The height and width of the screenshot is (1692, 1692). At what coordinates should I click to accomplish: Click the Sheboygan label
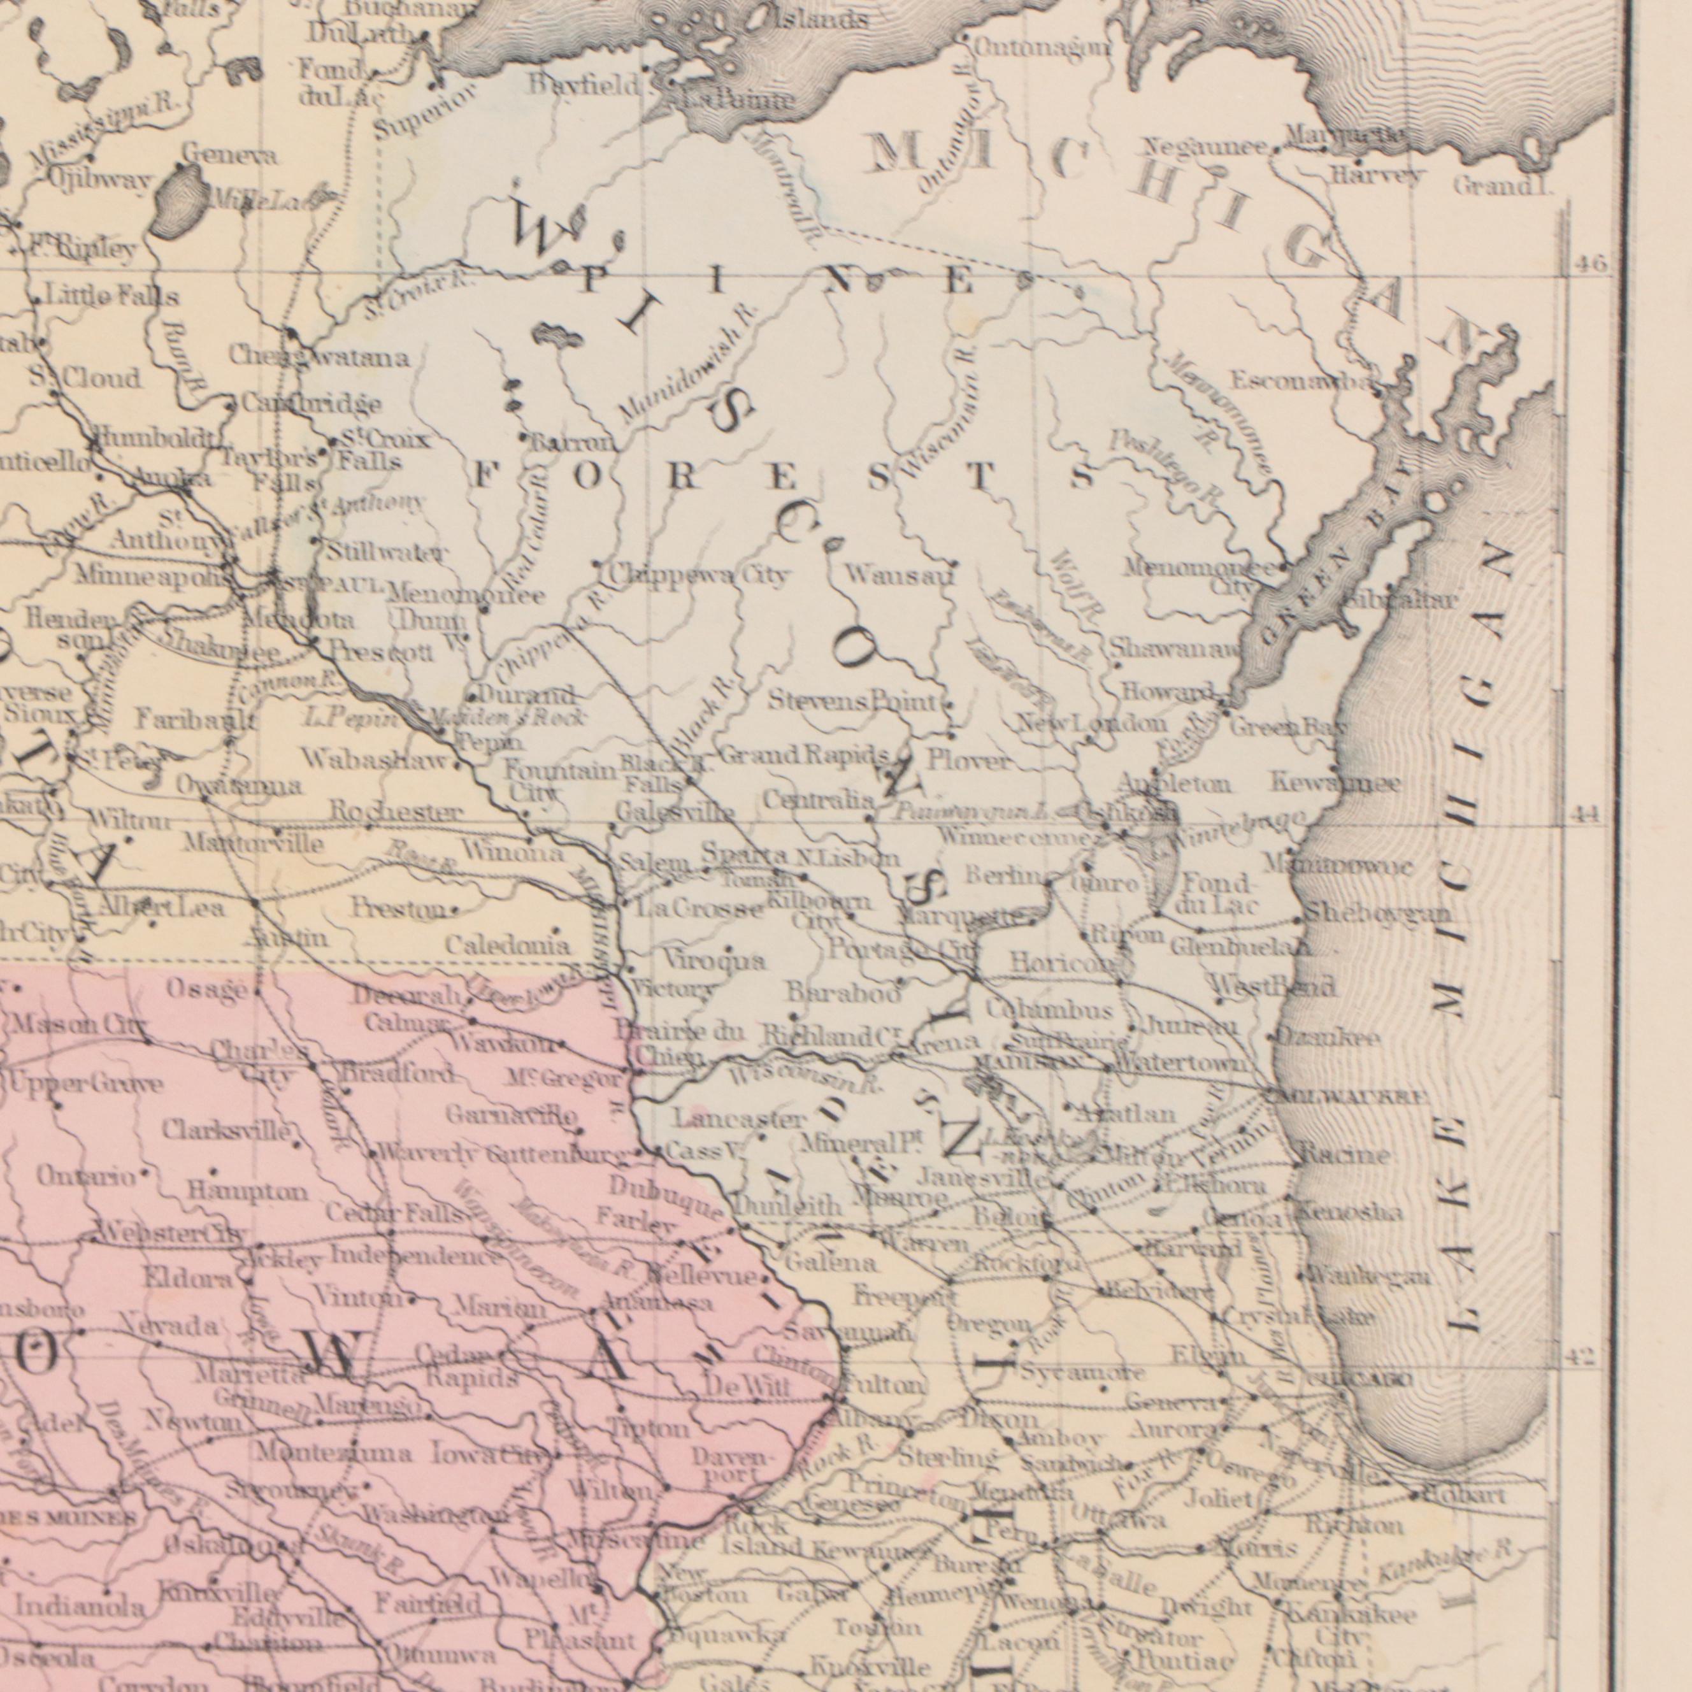1377,914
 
